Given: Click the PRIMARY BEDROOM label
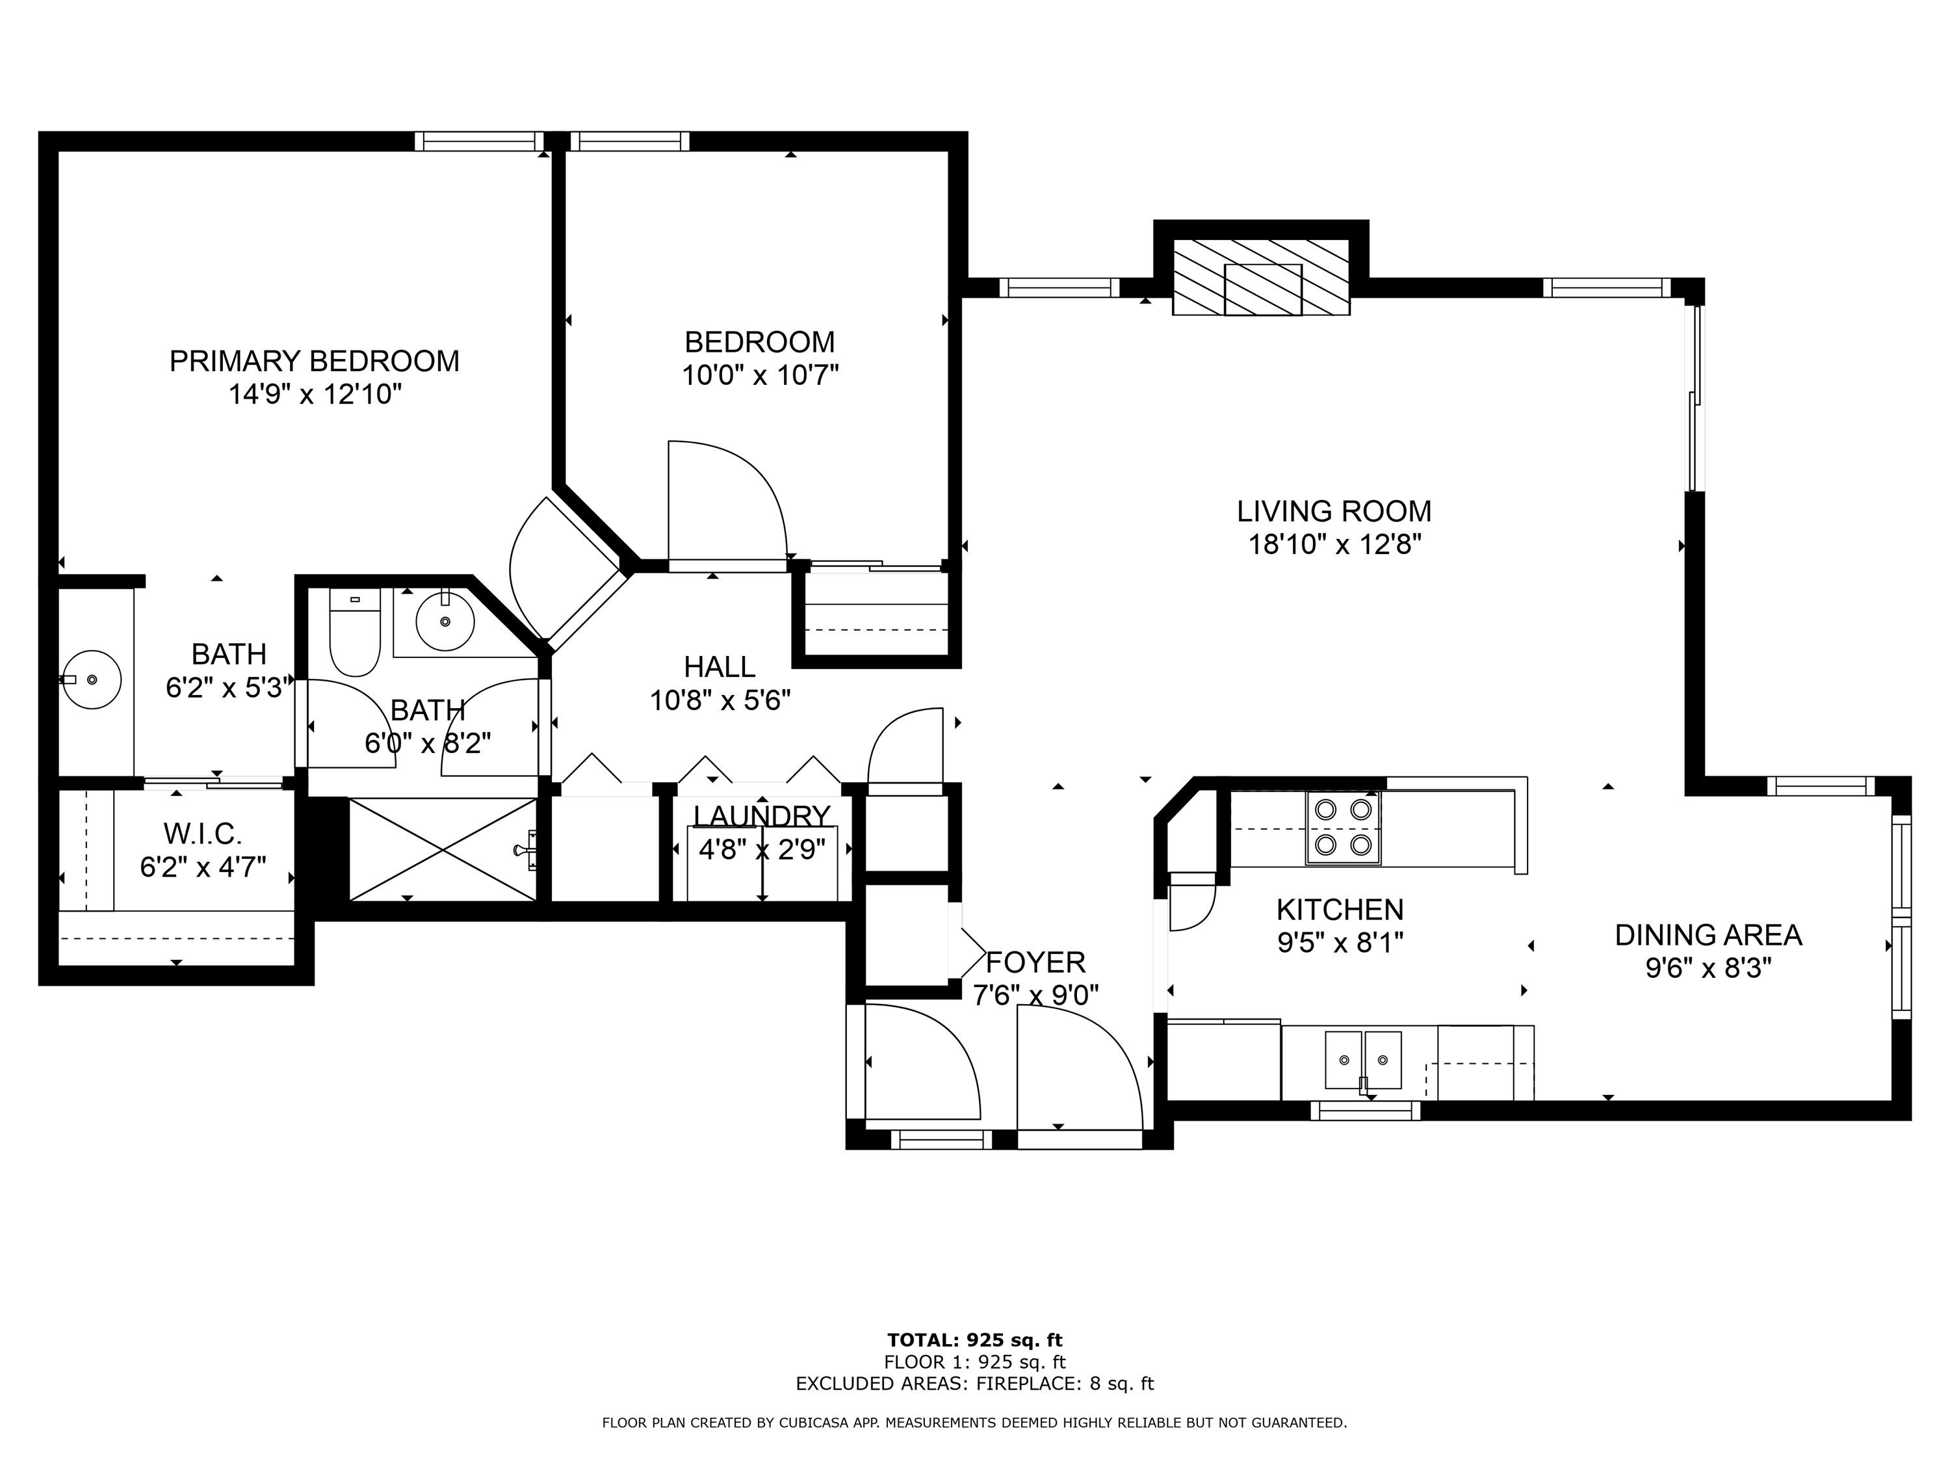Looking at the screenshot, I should coord(314,362).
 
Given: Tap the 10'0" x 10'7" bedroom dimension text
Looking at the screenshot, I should coord(759,376).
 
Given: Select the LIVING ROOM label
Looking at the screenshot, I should coord(1333,512).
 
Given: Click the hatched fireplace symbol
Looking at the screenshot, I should coord(1260,277).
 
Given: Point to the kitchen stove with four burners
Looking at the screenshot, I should coord(1343,827).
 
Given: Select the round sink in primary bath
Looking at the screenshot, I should coord(92,680).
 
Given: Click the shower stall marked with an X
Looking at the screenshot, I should coord(443,849).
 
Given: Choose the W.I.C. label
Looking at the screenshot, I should coord(202,834).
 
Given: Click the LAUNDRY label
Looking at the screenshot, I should coord(762,816).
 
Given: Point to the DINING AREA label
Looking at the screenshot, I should coord(1708,935).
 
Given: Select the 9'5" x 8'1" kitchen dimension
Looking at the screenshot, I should coord(1339,943).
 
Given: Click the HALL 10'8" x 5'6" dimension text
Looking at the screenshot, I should coord(720,701).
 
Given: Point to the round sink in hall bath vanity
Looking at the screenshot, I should coord(445,621).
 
